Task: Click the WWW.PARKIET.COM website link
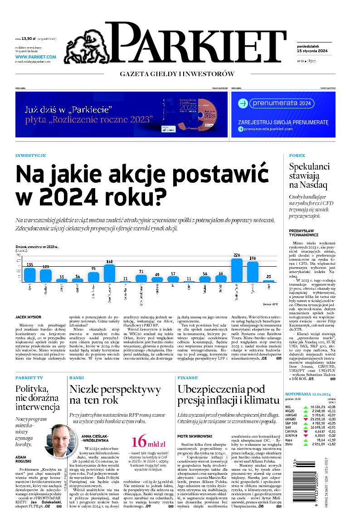(x=35, y=57)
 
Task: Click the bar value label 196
(x=253, y=259)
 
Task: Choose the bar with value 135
(x=30, y=275)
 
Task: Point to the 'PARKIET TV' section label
(x=29, y=377)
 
